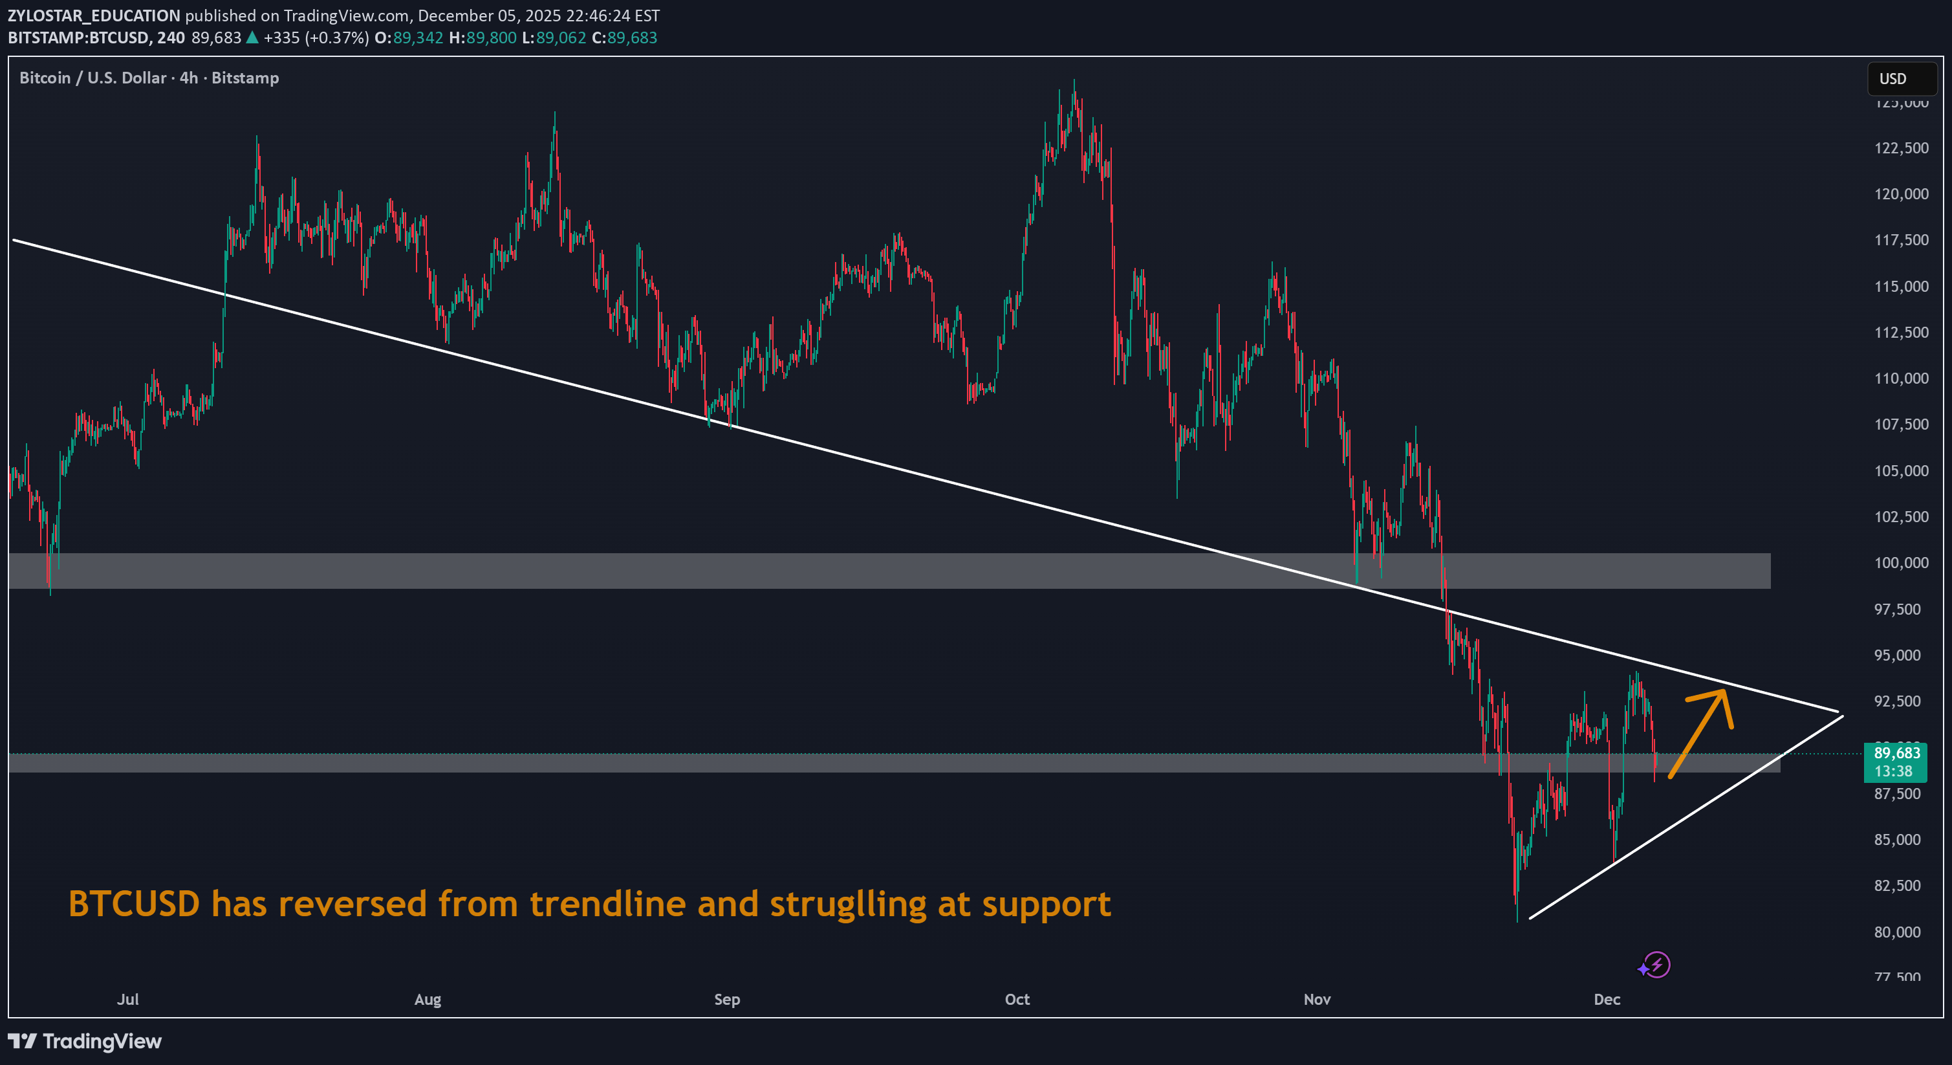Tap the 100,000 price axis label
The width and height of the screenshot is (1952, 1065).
(x=1900, y=562)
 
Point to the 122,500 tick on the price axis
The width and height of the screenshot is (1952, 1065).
(x=1900, y=148)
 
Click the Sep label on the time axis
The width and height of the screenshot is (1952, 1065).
(x=727, y=999)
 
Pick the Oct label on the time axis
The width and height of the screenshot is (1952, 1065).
(x=1017, y=999)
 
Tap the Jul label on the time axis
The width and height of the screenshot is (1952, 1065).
(x=128, y=999)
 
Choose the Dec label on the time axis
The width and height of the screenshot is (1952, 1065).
(x=1607, y=999)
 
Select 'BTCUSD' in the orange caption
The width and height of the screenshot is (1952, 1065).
(x=134, y=903)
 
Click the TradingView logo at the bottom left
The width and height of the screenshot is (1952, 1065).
(x=85, y=1041)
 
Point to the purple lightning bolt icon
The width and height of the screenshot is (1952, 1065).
(x=1657, y=965)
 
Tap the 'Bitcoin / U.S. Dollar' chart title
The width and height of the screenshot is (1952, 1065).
(x=92, y=78)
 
